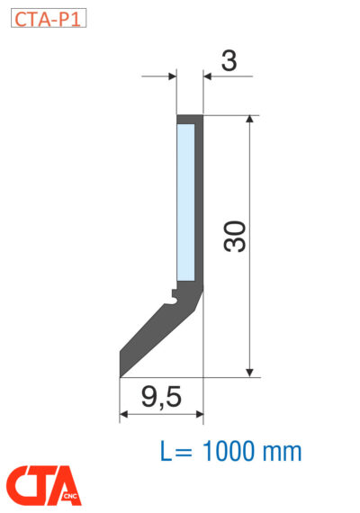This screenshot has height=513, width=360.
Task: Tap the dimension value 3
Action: coord(229,60)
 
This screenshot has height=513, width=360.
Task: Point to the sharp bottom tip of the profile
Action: coord(121,373)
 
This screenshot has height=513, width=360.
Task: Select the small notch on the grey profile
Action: coord(173,293)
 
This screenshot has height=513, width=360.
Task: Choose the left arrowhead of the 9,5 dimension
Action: coord(125,414)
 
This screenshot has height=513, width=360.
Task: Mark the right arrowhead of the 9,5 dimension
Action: coord(198,414)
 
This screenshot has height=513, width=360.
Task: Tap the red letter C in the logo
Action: coord(23,485)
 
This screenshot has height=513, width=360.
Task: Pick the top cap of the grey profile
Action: coord(189,119)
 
